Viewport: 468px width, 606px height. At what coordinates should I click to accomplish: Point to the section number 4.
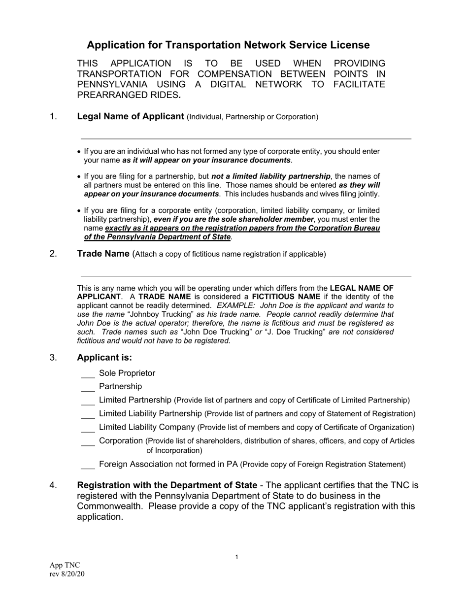click(x=54, y=485)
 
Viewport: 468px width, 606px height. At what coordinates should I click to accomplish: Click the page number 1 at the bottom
click(x=236, y=557)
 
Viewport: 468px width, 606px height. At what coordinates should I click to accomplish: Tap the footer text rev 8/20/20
click(x=67, y=573)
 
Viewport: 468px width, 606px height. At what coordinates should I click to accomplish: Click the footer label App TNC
click(x=65, y=565)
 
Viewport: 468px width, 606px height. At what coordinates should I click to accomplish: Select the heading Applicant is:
click(x=104, y=358)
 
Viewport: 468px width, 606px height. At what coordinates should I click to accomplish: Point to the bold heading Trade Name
click(x=103, y=254)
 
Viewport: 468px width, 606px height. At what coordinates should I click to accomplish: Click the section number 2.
click(x=54, y=254)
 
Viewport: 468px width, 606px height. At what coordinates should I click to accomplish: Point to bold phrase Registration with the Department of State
click(x=167, y=485)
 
